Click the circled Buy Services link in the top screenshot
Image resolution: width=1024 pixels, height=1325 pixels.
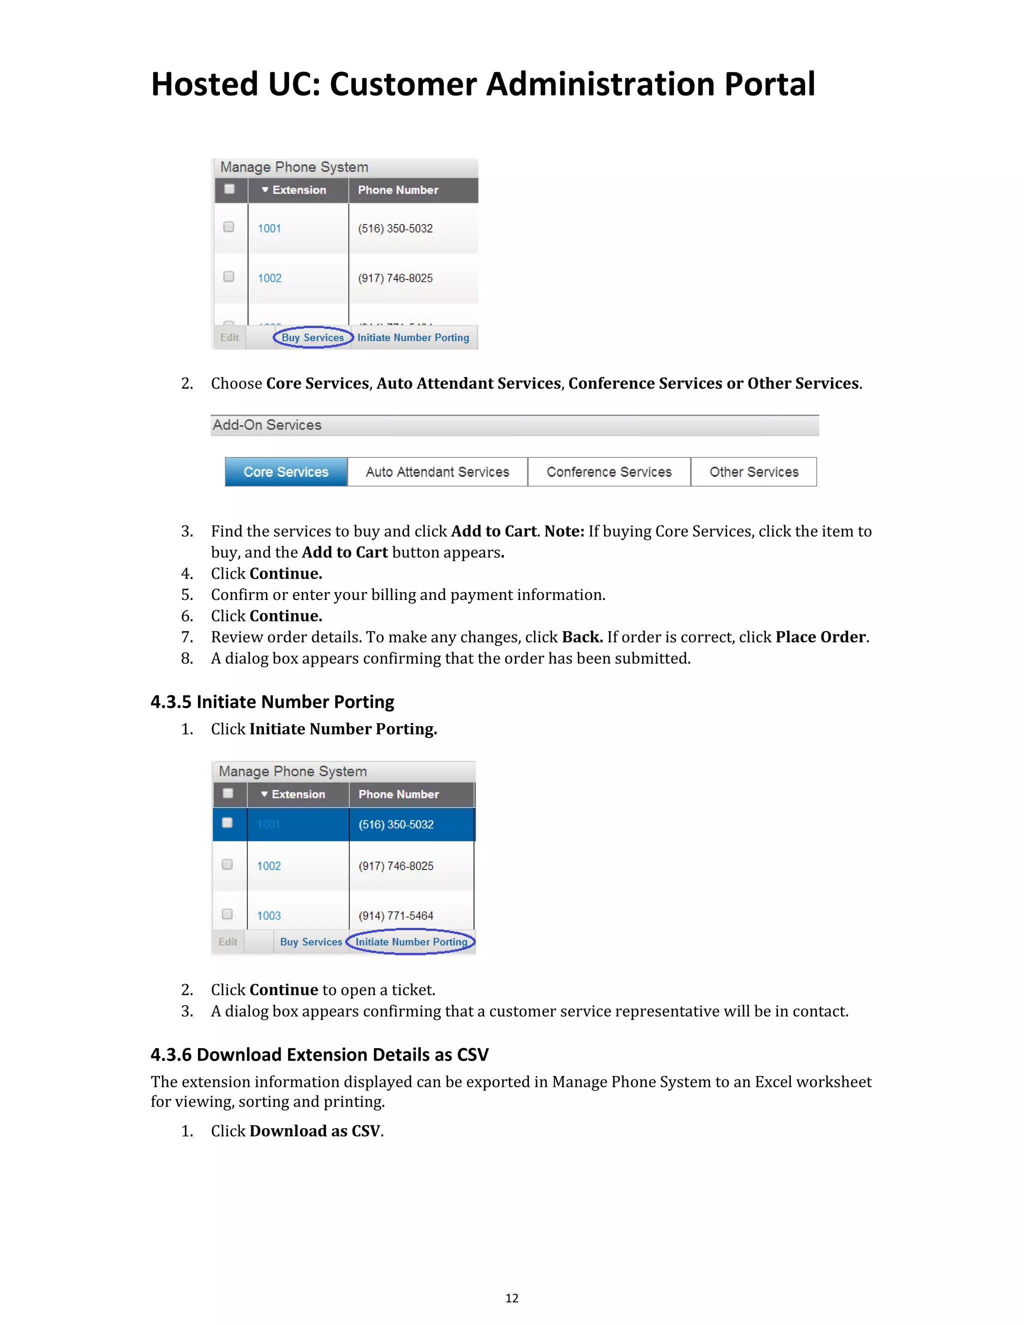click(x=312, y=337)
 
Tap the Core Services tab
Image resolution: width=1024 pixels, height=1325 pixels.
click(x=285, y=472)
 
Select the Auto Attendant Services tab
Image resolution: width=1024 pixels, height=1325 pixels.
click(x=437, y=472)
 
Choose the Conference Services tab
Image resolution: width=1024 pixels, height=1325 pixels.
click(x=609, y=472)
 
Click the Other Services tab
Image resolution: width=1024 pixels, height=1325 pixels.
click(x=753, y=472)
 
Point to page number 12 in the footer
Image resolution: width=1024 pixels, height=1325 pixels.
click(x=511, y=1297)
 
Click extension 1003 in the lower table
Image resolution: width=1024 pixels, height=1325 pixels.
click(x=268, y=915)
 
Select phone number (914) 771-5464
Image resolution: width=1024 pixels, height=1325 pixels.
click(x=395, y=915)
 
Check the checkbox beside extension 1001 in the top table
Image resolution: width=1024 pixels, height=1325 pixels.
click(x=228, y=227)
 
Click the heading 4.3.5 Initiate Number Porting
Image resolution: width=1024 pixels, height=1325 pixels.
click(x=272, y=702)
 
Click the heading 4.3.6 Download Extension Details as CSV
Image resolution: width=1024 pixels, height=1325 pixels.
click(x=319, y=1054)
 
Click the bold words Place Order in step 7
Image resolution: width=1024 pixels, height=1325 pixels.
click(x=820, y=637)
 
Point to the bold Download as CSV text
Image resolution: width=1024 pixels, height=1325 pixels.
click(x=315, y=1131)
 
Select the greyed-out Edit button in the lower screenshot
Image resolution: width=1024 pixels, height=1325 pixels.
click(x=228, y=941)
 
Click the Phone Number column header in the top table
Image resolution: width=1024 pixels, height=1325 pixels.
click(x=398, y=190)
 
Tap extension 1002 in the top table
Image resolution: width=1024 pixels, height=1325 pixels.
click(x=269, y=278)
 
